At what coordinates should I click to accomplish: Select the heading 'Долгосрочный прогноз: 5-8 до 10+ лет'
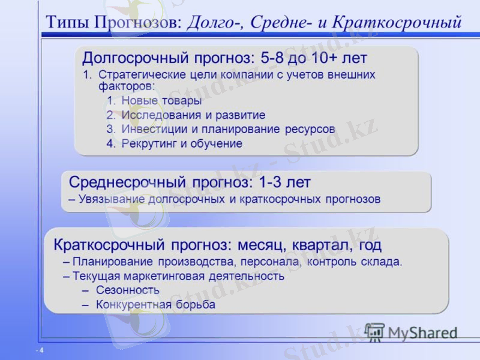[x=224, y=59]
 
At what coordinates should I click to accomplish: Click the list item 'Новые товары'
[x=161, y=100]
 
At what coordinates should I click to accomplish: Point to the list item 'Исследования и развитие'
[x=193, y=115]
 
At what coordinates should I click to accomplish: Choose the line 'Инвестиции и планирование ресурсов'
[x=228, y=129]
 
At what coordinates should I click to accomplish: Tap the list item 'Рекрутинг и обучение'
[x=181, y=143]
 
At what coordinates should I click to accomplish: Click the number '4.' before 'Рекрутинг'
[x=111, y=143]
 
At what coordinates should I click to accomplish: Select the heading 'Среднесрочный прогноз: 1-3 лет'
[x=190, y=182]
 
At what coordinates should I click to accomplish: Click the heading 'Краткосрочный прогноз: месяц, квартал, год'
[x=217, y=245]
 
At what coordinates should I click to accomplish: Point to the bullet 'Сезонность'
[x=128, y=290]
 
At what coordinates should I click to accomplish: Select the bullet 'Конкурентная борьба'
[x=155, y=305]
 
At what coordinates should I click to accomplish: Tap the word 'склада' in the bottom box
[x=385, y=262]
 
